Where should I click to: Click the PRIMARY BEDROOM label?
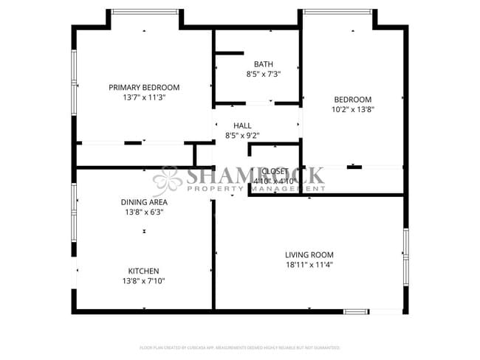tap(144, 87)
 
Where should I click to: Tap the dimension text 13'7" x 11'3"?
tap(144, 97)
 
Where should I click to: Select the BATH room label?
tap(263, 64)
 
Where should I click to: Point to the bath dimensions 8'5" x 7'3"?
tap(263, 75)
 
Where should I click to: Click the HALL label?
tap(242, 125)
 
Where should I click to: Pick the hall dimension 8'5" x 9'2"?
tap(242, 136)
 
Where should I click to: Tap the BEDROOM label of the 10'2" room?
tap(352, 100)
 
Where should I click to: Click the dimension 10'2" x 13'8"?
tap(352, 110)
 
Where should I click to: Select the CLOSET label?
tap(275, 171)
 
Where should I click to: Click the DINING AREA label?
tap(144, 201)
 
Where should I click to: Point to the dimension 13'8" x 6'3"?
tap(144, 212)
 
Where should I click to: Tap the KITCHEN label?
tap(143, 271)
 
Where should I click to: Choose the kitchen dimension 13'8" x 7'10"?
tap(143, 281)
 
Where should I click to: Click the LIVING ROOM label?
tap(309, 255)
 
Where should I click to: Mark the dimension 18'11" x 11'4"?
tap(309, 266)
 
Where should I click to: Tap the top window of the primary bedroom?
tap(144, 11)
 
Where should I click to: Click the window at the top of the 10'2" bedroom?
tap(337, 11)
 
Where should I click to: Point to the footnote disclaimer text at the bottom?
tap(240, 347)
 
